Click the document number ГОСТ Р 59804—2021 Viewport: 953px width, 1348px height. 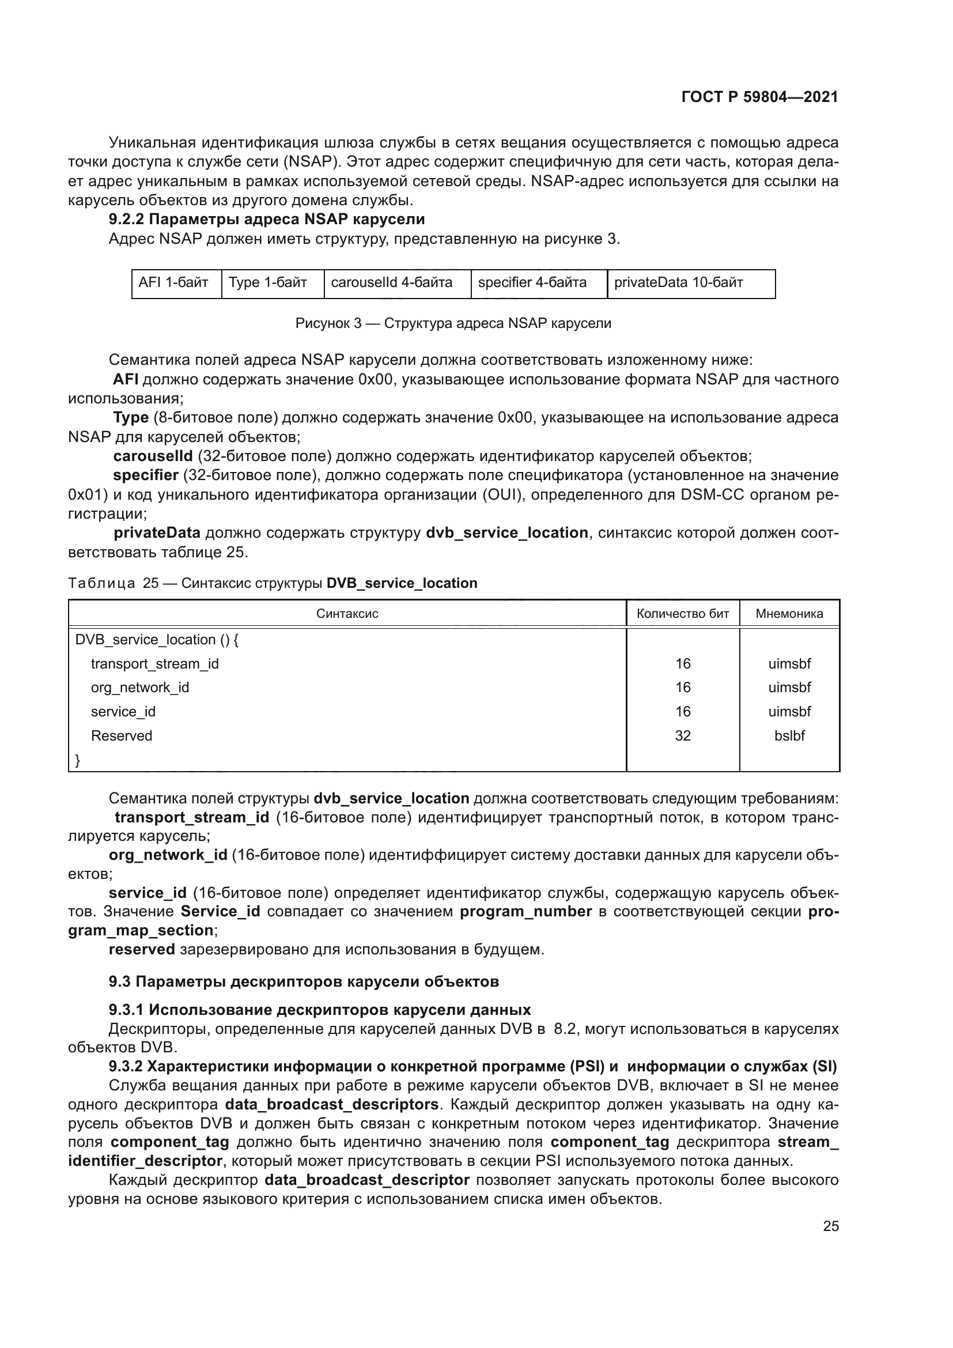coord(759,97)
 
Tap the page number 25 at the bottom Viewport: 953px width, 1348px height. coord(830,1226)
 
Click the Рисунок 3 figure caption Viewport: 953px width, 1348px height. coord(453,323)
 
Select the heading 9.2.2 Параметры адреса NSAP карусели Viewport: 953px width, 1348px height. coord(266,220)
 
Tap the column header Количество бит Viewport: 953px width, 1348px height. coord(682,614)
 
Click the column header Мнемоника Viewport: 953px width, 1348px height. coord(789,614)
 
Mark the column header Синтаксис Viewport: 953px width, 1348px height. coord(347,614)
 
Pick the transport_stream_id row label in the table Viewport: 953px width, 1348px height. coord(154,664)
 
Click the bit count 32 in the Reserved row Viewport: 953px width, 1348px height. coord(682,735)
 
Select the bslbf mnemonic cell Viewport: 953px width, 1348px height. coord(789,735)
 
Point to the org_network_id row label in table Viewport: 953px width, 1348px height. coord(139,688)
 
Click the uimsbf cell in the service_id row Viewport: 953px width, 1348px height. coord(789,712)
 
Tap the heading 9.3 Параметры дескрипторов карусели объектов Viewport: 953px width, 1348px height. coord(304,981)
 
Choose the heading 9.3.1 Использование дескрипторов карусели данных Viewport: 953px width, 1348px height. coord(319,1010)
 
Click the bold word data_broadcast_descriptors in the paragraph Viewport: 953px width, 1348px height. coord(331,1104)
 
